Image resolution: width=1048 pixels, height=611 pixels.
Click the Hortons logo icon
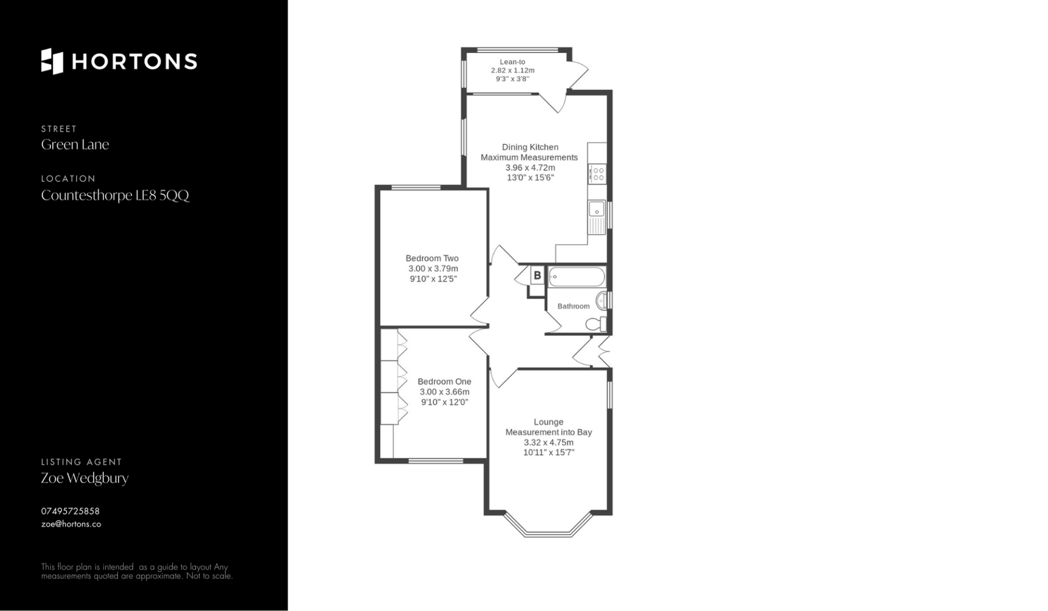click(52, 61)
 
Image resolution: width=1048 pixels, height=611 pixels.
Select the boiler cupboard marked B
click(537, 276)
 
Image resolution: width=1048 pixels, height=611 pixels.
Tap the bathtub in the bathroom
click(576, 277)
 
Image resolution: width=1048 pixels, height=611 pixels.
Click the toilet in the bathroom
click(596, 324)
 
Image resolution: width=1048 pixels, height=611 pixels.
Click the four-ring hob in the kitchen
click(597, 174)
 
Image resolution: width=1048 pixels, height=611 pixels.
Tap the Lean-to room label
click(512, 62)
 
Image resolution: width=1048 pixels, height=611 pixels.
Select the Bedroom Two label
click(432, 258)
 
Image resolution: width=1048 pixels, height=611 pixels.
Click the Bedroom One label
click(444, 382)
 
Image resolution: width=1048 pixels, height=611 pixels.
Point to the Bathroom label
click(573, 306)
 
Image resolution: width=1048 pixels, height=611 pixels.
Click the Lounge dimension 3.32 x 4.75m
click(549, 442)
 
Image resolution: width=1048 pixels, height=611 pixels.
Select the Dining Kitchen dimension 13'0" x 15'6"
click(530, 177)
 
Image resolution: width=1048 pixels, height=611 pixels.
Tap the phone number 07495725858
click(70, 511)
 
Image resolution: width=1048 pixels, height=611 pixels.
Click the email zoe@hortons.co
click(71, 524)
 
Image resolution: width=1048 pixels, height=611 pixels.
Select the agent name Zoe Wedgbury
click(85, 478)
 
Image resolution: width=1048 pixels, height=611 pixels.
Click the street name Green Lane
click(75, 145)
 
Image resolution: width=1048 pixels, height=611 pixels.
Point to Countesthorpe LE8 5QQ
click(115, 195)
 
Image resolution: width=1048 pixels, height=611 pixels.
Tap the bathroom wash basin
click(602, 300)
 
